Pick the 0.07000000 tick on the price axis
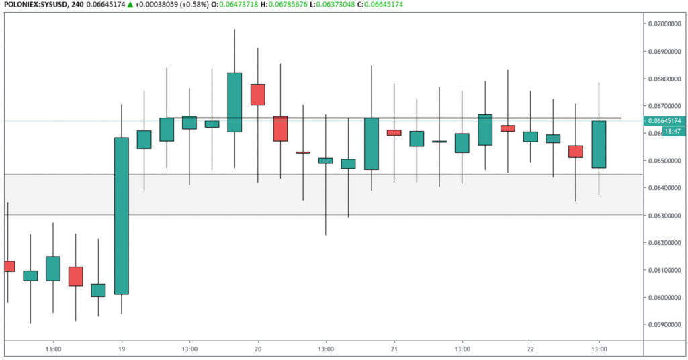663,24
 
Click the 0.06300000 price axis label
663,216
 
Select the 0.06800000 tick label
663,79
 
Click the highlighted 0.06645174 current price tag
664,121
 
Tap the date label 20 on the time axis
258,349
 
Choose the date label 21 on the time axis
394,349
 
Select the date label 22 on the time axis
530,349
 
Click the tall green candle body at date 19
122,216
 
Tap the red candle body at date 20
257,95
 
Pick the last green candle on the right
599,144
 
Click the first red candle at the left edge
9,266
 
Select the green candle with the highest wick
234,101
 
